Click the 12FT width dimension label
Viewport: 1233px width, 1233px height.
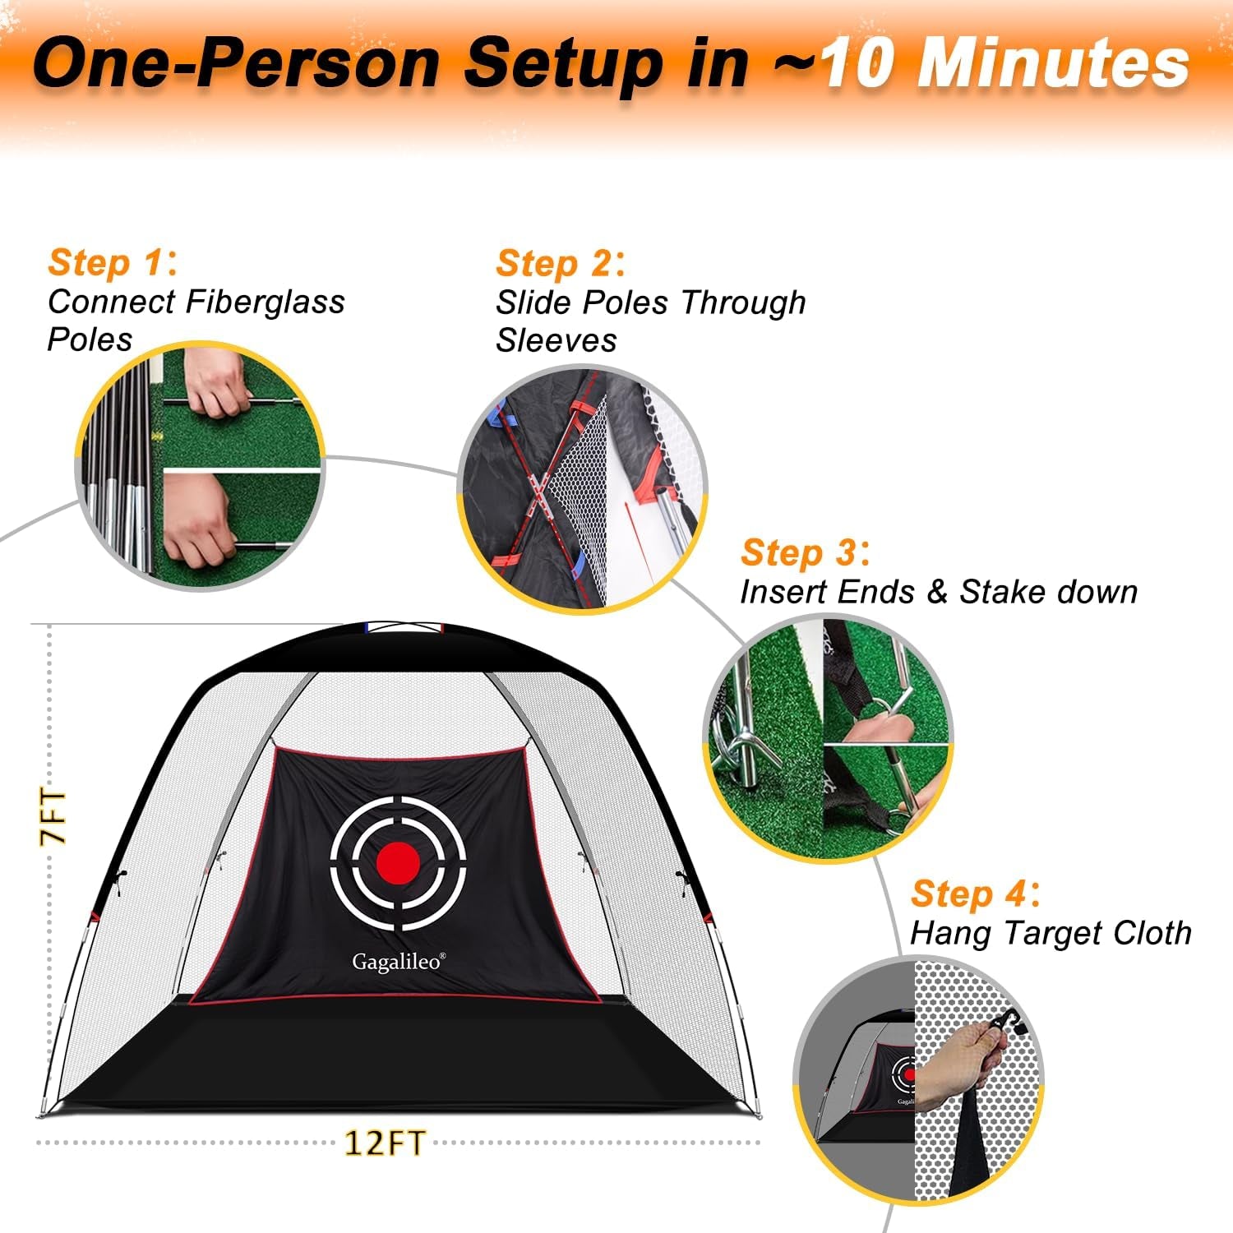click(385, 1143)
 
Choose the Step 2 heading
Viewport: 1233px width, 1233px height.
click(561, 264)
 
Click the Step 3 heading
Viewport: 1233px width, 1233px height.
click(805, 552)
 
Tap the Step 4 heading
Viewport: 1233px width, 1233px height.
click(975, 894)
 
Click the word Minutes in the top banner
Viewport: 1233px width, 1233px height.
click(1052, 63)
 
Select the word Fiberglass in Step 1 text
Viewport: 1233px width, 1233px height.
click(266, 302)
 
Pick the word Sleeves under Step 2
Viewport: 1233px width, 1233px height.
click(556, 340)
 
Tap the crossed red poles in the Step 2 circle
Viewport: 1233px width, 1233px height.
click(538, 493)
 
